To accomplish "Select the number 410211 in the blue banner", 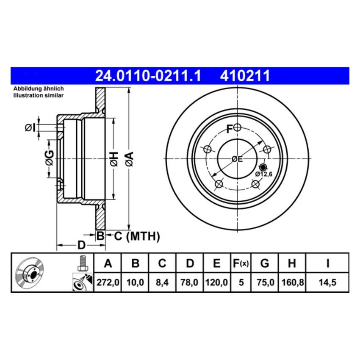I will (244, 76).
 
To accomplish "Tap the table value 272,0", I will (108, 282).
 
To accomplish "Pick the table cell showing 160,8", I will (291, 282).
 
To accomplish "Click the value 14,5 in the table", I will (327, 282).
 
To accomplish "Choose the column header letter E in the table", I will (216, 263).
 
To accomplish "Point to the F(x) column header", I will (241, 263).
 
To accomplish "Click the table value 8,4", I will (162, 282).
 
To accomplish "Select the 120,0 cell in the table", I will (216, 282).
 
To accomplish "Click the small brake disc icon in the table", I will (29, 273).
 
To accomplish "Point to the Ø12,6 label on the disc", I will (263, 174).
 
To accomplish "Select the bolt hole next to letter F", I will (237, 127).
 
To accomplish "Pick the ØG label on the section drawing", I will (50, 158).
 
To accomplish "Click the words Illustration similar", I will (38, 96).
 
